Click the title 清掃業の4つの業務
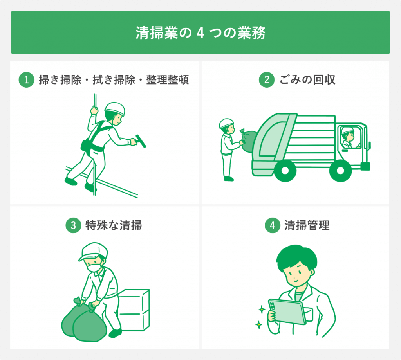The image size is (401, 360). (200, 33)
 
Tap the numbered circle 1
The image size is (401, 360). (26, 80)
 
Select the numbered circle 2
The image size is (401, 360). (266, 80)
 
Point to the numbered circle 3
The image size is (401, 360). (73, 225)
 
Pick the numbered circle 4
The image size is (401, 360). (273, 225)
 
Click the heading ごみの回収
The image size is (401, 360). (307, 80)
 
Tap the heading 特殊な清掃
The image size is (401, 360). (114, 225)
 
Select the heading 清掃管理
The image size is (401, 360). (307, 225)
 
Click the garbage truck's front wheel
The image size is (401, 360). (340, 171)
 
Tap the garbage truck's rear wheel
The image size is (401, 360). (285, 171)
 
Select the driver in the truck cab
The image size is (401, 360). (348, 138)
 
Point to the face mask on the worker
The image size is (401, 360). (94, 267)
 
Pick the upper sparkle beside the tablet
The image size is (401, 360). (262, 310)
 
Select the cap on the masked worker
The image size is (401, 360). (92, 251)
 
